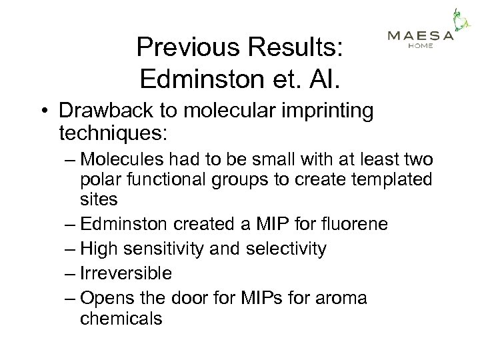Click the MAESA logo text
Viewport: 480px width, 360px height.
[x=421, y=36]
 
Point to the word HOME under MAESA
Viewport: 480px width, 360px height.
[x=420, y=46]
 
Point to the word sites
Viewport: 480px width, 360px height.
[x=99, y=199]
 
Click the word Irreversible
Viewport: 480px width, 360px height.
[x=126, y=273]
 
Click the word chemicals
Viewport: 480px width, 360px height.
[x=121, y=318]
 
